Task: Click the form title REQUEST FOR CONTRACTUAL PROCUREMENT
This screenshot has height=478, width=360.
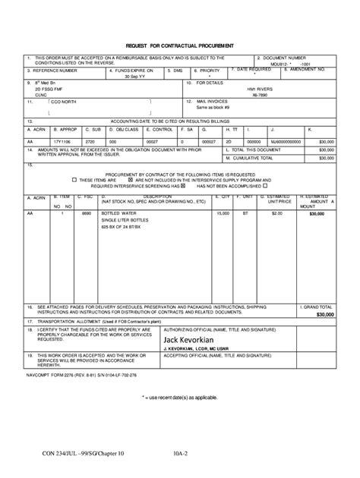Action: coord(180,45)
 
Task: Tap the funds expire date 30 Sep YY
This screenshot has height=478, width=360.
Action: coord(126,77)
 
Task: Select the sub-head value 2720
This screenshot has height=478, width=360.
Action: coord(90,141)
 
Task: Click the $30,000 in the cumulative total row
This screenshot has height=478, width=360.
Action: coord(326,158)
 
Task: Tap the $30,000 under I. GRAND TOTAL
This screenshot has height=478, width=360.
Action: coord(325,314)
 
